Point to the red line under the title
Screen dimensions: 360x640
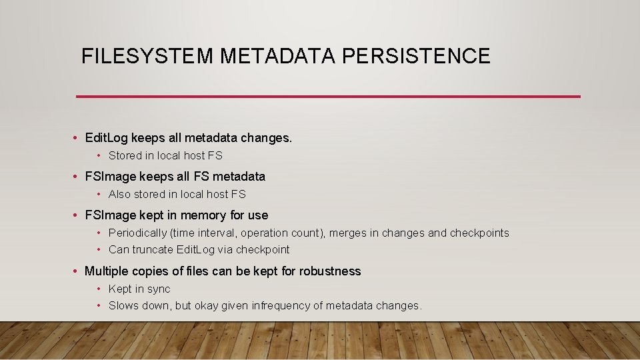328,97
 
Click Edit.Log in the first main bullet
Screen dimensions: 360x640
107,138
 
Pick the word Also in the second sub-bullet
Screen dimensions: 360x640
119,194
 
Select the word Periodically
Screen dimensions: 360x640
137,233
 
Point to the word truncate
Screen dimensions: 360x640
153,249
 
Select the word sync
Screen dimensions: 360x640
158,289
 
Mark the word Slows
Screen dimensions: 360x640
123,305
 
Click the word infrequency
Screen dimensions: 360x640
280,305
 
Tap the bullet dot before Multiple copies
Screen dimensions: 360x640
77,271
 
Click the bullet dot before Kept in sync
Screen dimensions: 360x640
99,289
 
